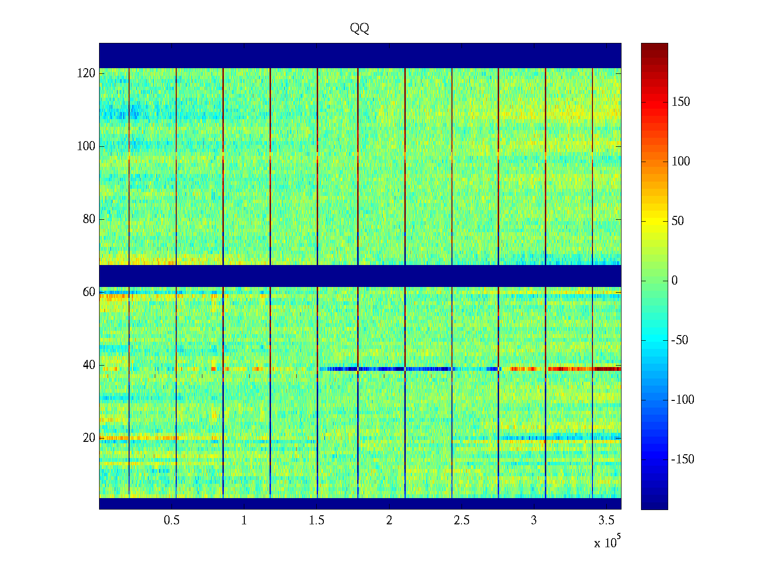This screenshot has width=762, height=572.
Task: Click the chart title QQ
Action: coord(360,29)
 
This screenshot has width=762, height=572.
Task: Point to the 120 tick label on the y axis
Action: coord(86,73)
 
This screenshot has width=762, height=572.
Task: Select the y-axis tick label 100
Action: coord(86,146)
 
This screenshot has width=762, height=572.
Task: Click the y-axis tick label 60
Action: coord(89,292)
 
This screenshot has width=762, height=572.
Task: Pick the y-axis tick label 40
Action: coord(89,365)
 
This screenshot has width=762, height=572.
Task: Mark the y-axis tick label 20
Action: coord(89,438)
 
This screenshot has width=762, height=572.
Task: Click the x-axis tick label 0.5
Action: coord(172,521)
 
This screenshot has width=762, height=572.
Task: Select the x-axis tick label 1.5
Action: coord(317,521)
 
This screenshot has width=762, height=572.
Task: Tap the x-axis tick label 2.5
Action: coord(461,521)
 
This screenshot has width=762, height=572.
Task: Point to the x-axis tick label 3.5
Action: coord(606,521)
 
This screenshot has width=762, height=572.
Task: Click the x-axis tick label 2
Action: coord(389,521)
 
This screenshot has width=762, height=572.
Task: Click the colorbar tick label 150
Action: coord(681,102)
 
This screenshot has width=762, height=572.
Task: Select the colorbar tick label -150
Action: coord(682,460)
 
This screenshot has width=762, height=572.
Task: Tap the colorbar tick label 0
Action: coord(674,281)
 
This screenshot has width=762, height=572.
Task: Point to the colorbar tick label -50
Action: coord(680,340)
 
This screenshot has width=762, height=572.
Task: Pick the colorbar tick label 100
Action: coord(681,162)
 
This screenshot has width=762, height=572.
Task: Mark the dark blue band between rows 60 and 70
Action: coord(360,276)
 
